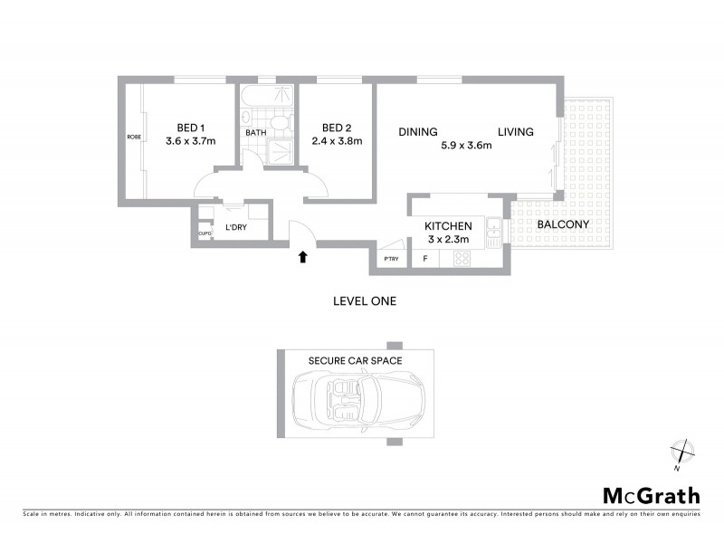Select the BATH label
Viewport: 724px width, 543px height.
pyautogui.click(x=256, y=134)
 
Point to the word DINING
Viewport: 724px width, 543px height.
pyautogui.click(x=418, y=132)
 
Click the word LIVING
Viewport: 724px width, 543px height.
pyautogui.click(x=515, y=132)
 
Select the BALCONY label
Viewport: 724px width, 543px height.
pyautogui.click(x=563, y=224)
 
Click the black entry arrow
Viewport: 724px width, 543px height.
pyautogui.click(x=302, y=257)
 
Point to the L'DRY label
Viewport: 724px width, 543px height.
pyautogui.click(x=235, y=227)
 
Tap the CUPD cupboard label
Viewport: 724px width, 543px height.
pyautogui.click(x=205, y=233)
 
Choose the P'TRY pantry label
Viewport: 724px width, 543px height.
pyautogui.click(x=391, y=260)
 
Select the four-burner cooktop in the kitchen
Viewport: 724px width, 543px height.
pyautogui.click(x=461, y=259)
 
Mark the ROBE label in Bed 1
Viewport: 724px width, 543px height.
pyautogui.click(x=134, y=137)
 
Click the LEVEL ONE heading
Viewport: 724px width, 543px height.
pyautogui.click(x=365, y=300)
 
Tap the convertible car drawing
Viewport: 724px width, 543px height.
pyautogui.click(x=357, y=398)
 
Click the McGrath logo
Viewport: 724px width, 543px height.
pyautogui.click(x=651, y=495)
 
